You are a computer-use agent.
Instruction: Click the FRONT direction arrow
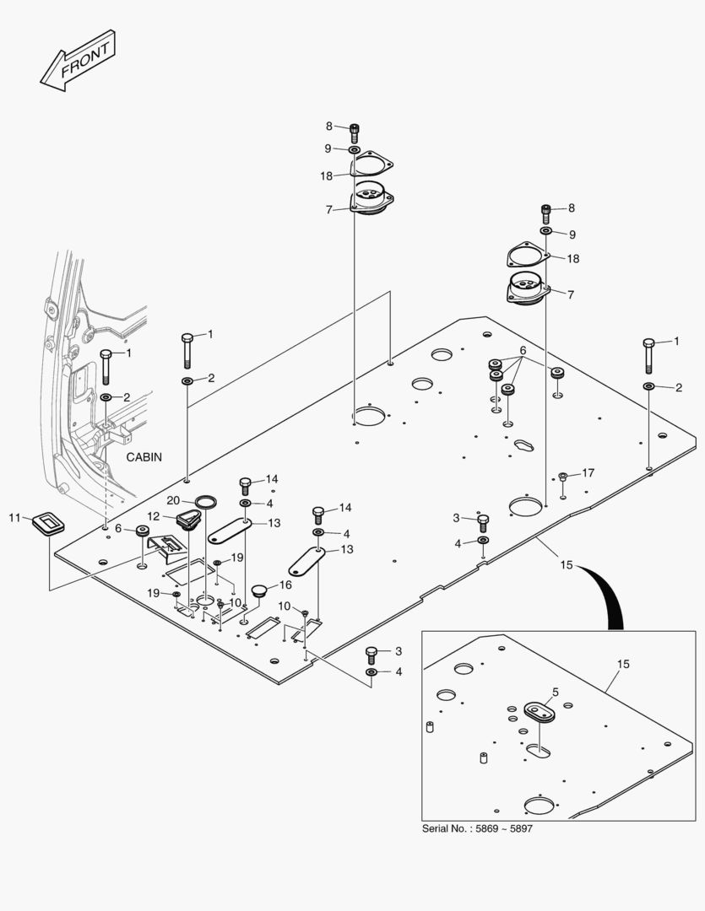(77, 61)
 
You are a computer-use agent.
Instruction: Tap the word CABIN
(144, 456)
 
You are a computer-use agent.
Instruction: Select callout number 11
(14, 516)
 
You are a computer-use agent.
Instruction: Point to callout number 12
(154, 516)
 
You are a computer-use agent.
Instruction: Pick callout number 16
(285, 584)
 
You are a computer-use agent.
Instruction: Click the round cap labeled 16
(258, 589)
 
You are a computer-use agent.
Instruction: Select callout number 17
(588, 473)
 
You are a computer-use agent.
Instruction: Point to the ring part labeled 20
(205, 504)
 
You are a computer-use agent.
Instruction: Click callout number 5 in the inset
(555, 693)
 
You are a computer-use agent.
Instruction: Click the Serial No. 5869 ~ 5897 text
(477, 829)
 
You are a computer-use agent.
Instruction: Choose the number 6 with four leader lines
(523, 350)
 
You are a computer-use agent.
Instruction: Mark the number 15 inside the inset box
(622, 665)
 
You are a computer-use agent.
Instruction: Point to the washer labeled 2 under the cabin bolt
(106, 396)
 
